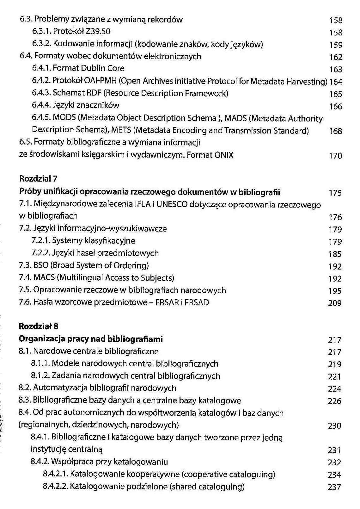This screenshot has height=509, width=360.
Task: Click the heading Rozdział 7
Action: click(x=38, y=179)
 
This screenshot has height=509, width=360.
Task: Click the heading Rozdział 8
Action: click(x=39, y=326)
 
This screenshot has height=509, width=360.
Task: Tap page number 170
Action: click(x=335, y=156)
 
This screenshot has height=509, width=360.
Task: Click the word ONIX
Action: click(x=224, y=155)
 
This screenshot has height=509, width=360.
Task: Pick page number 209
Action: click(x=335, y=303)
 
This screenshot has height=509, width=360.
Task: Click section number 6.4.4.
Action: click(x=41, y=105)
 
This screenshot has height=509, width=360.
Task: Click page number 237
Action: click(x=334, y=487)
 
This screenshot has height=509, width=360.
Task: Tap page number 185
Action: click(x=335, y=254)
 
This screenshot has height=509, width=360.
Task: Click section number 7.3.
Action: click(x=25, y=265)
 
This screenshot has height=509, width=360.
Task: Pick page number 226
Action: click(x=335, y=401)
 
